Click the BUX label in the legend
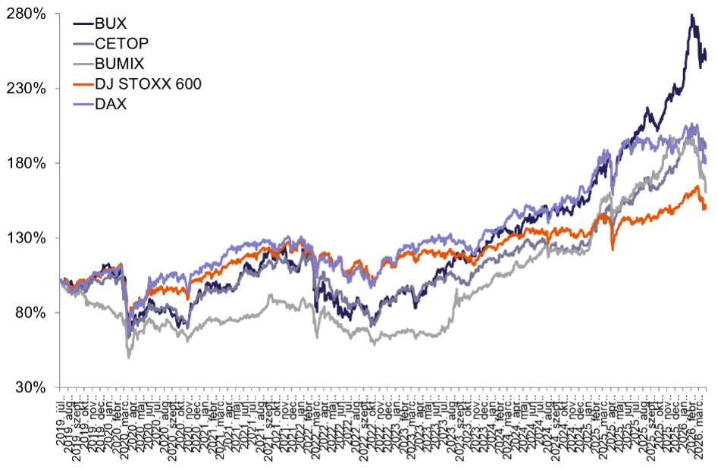click(111, 23)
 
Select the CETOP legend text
click(122, 44)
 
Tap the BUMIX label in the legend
click(120, 64)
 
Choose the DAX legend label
click(111, 105)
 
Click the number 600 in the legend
click(189, 84)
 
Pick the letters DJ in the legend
click(103, 84)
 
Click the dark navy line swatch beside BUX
click(83, 23)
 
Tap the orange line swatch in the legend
click(83, 84)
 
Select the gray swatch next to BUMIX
click(83, 64)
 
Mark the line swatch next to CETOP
click(83, 44)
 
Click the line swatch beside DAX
click(83, 105)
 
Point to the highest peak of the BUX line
click(691, 14)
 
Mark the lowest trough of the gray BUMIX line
click(128, 357)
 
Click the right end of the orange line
click(706, 208)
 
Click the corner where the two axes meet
click(60, 387)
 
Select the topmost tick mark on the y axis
click(58, 14)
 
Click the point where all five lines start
click(61, 280)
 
